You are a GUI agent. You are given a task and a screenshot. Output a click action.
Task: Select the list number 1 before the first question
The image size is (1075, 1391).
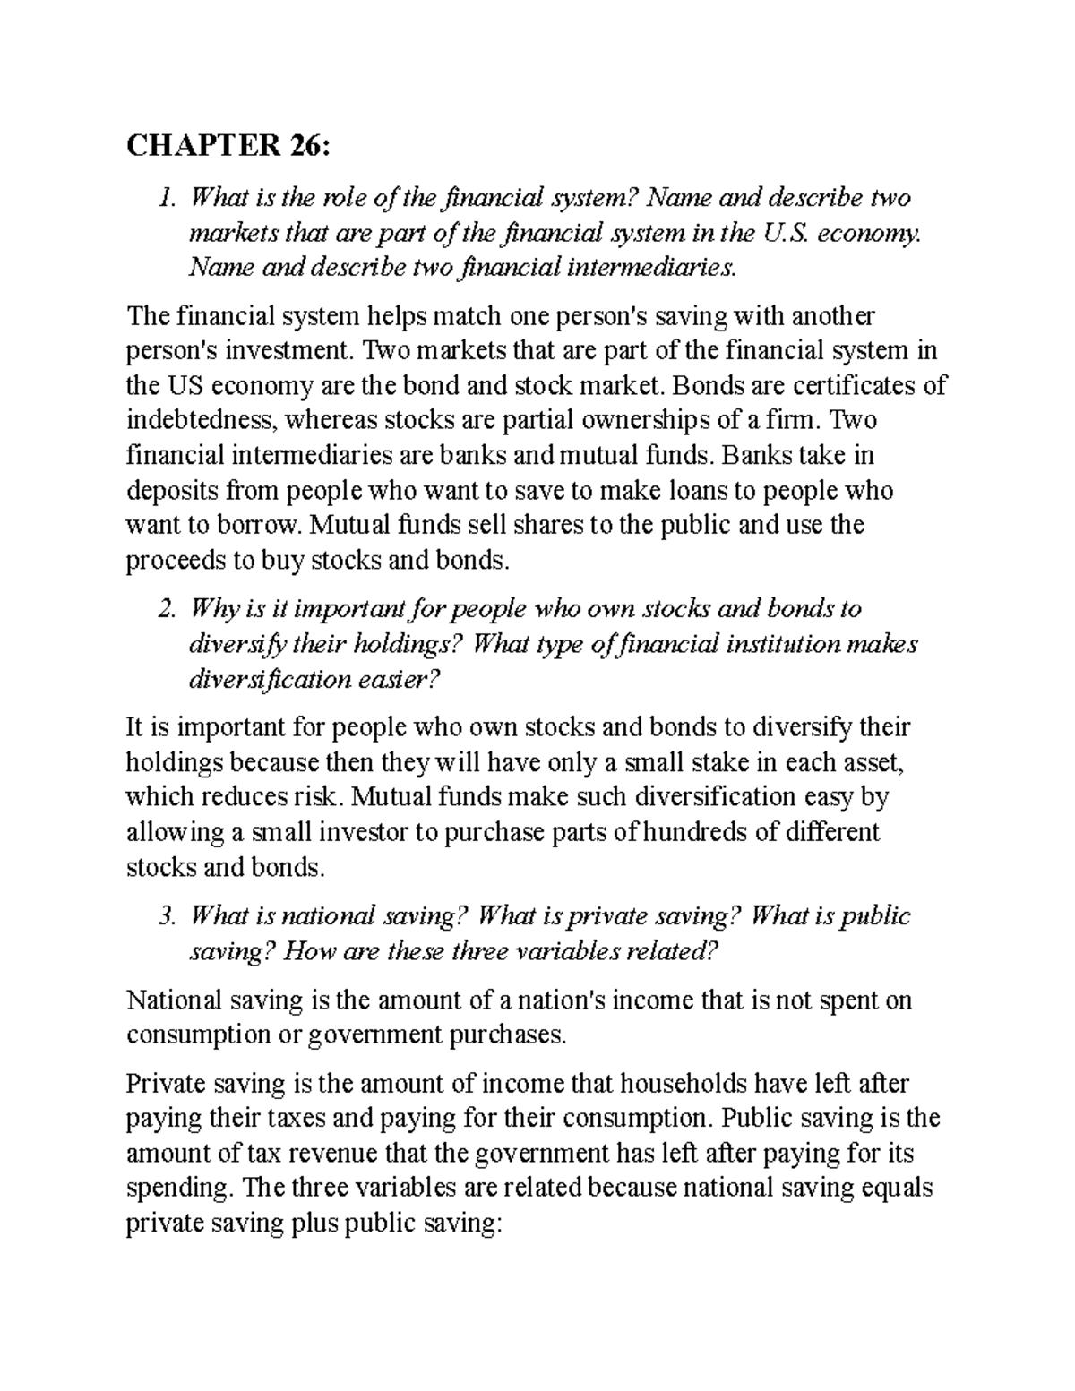(164, 198)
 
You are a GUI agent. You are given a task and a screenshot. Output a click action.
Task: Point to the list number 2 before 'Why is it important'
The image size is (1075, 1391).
(164, 610)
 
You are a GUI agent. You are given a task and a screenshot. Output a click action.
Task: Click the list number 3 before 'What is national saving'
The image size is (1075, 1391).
(164, 916)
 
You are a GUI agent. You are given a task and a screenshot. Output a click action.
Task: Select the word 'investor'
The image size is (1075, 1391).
(358, 833)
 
